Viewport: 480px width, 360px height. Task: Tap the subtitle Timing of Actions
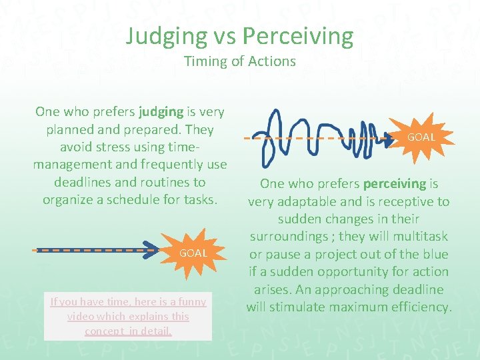240,61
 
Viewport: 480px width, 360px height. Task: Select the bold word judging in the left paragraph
161,111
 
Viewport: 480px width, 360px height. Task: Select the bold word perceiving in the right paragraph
394,183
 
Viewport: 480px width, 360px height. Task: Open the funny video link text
128,316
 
